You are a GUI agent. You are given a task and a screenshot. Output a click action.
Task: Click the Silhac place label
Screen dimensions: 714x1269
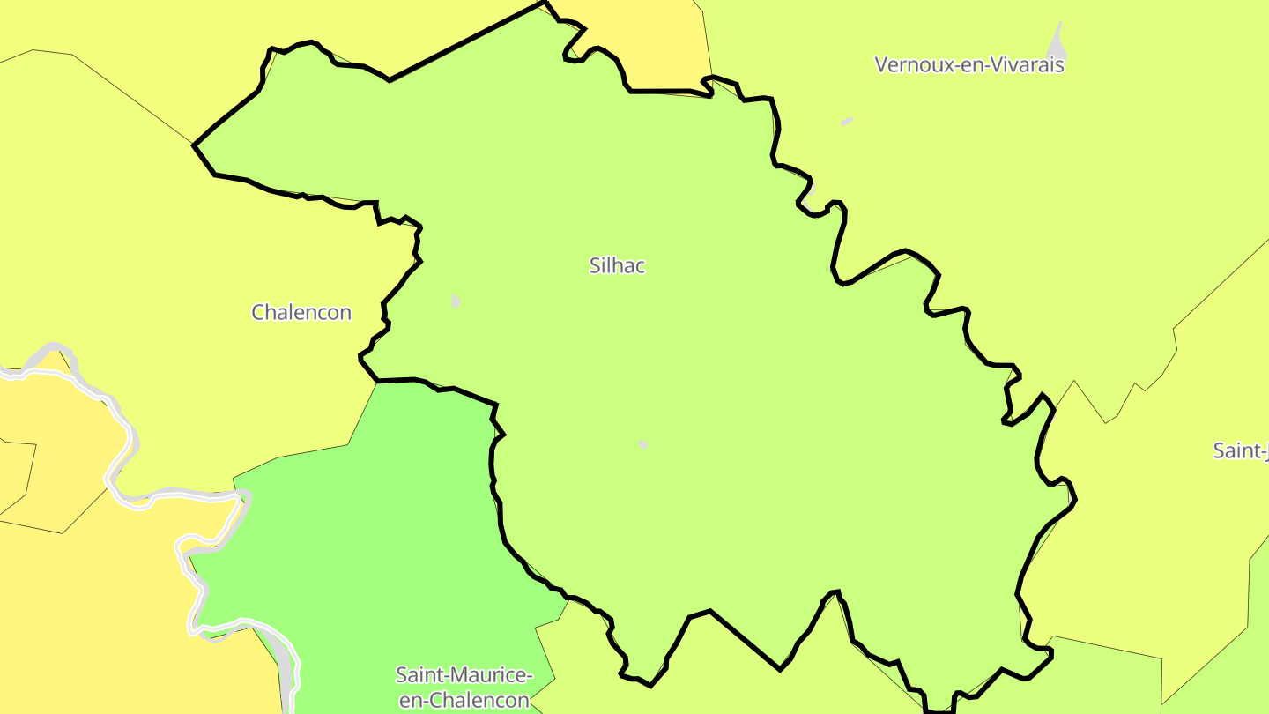pos(617,265)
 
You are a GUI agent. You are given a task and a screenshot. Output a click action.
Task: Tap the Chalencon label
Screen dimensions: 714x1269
pos(301,312)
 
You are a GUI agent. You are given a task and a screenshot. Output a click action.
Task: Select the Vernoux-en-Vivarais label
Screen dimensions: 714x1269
pos(969,64)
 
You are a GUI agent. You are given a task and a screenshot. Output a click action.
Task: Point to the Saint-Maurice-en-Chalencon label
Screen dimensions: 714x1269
pos(464,688)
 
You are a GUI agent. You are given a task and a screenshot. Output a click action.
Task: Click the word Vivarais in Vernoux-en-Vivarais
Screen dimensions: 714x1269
pos(1028,64)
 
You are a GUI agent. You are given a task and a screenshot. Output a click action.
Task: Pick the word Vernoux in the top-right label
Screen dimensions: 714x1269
pos(908,64)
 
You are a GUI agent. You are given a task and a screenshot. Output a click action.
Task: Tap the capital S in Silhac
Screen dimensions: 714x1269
pos(595,265)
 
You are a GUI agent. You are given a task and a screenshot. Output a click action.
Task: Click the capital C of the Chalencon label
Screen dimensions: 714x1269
pos(258,312)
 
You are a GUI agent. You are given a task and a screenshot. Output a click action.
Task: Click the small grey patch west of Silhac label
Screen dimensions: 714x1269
pos(456,301)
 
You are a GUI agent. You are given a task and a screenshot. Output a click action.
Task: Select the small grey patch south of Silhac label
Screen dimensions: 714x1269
pos(642,444)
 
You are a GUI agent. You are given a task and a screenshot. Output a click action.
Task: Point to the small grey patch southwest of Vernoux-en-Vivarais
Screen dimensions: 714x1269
pos(847,121)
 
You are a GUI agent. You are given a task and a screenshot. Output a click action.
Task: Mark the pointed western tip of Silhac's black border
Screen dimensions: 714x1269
pos(195,145)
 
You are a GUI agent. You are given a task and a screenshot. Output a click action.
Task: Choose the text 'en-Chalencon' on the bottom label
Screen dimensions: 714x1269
pos(464,701)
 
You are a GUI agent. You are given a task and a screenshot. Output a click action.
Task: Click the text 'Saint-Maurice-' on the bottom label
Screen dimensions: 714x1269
pos(464,676)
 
